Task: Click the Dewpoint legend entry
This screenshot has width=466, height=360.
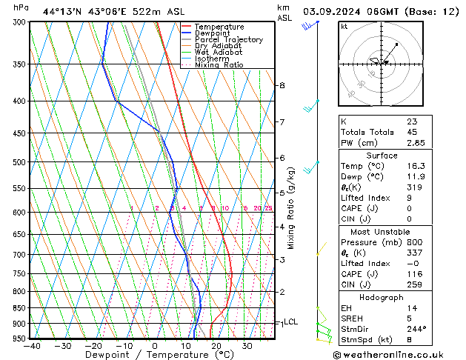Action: [x=211, y=33]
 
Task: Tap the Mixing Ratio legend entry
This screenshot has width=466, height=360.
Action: [x=219, y=65]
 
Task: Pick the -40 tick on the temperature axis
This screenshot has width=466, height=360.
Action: [x=32, y=346]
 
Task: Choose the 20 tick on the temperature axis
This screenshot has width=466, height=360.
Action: [x=216, y=346]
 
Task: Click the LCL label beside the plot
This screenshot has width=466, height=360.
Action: [x=290, y=322]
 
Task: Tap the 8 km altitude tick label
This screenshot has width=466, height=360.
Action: [x=282, y=86]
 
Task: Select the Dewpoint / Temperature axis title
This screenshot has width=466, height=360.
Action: [x=153, y=355]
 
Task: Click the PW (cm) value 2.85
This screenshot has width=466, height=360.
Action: [x=416, y=143]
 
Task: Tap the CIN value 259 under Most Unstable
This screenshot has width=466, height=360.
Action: [x=413, y=284]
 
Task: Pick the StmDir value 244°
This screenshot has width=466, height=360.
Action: [x=416, y=329]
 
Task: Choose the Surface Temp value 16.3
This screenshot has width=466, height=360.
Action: [x=416, y=167]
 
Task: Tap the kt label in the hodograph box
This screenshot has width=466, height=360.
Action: [x=344, y=27]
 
